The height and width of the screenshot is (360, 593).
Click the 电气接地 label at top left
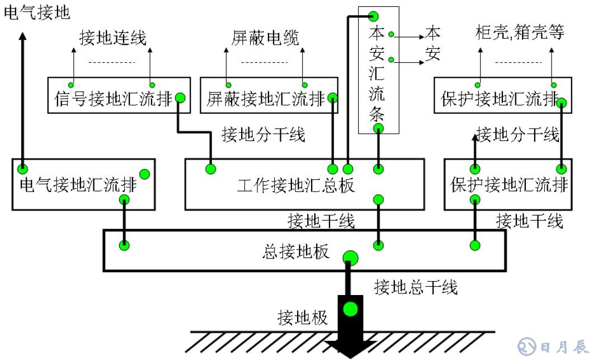[37, 12]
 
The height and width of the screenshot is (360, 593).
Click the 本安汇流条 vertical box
[379, 70]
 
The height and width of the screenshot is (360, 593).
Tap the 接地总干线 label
[416, 287]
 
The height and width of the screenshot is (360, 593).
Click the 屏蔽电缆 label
[265, 38]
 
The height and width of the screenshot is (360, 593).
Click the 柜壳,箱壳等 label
[519, 32]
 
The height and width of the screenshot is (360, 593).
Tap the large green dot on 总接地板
[350, 258]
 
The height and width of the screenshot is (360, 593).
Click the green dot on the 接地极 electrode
[350, 308]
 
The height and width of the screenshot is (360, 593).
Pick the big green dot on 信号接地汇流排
[180, 98]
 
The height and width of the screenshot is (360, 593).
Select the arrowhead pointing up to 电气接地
[22, 36]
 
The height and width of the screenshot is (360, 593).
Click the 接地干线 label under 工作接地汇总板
[321, 221]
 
